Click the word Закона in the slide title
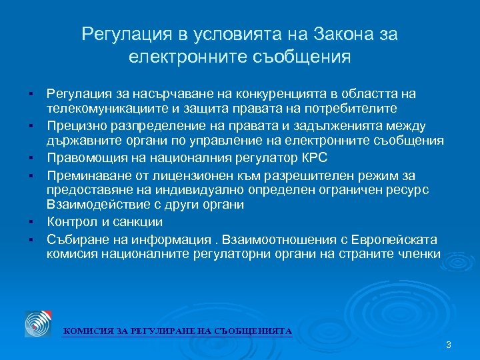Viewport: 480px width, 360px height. tap(326, 34)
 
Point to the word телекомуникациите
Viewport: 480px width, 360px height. tap(97, 108)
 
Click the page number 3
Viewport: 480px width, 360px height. tap(448, 345)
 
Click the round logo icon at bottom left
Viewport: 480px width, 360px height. tap(38, 323)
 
